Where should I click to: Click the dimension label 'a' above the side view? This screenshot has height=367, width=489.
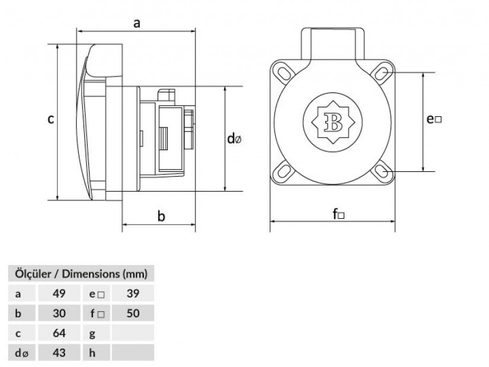click(x=136, y=23)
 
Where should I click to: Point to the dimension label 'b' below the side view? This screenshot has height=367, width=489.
click(x=161, y=216)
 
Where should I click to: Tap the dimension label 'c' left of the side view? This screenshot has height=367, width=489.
click(x=51, y=119)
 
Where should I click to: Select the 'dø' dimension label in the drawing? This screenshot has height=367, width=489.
click(x=234, y=138)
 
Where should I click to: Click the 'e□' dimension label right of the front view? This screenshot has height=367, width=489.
click(x=434, y=119)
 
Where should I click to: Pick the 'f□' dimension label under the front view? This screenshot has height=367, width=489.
click(x=338, y=215)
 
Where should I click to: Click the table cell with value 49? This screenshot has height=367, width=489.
click(x=59, y=293)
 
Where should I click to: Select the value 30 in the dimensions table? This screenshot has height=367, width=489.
click(x=59, y=313)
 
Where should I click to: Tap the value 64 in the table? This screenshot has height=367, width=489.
click(x=59, y=333)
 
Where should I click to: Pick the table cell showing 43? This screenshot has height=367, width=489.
click(x=59, y=353)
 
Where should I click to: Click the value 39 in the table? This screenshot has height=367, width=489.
click(x=133, y=293)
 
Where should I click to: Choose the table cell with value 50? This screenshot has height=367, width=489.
click(x=133, y=313)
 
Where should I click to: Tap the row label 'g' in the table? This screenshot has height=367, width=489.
click(x=92, y=334)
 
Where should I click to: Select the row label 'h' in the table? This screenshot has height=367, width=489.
click(x=92, y=353)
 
